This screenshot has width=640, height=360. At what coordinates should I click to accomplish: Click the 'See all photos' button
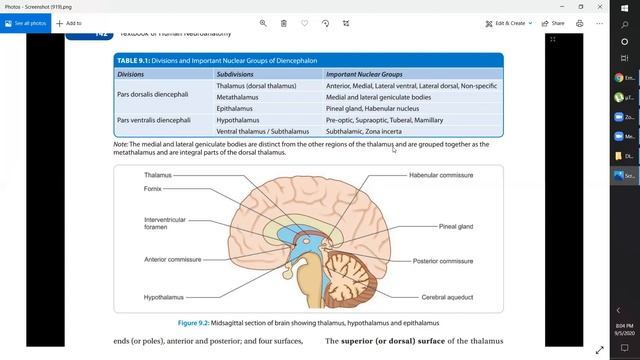tap(27, 22)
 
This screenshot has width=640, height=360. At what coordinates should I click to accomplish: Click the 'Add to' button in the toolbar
tap(70, 22)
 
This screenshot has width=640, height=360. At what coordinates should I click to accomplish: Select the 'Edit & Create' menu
tap(508, 22)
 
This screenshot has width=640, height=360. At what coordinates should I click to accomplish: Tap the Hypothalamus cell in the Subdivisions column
tap(239, 120)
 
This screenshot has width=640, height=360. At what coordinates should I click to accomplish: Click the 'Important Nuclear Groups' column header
tap(364, 74)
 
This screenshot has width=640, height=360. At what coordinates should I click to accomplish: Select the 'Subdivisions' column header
tap(235, 74)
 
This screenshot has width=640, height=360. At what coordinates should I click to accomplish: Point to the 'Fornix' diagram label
tap(152, 188)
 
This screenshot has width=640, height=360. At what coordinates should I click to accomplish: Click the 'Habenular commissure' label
tap(441, 175)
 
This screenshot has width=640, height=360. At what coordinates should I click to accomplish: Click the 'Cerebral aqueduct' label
tap(446, 297)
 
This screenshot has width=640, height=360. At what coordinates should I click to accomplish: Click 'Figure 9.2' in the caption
tap(198, 323)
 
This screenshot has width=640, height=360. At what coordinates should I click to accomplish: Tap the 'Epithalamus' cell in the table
tap(236, 108)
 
